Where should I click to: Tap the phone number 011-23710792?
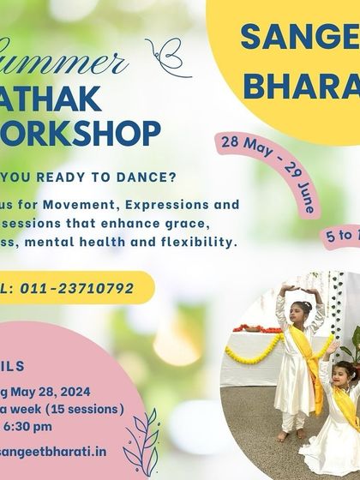(83, 288)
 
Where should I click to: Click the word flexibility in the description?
(201, 243)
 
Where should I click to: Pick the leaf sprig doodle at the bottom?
(141, 438)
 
